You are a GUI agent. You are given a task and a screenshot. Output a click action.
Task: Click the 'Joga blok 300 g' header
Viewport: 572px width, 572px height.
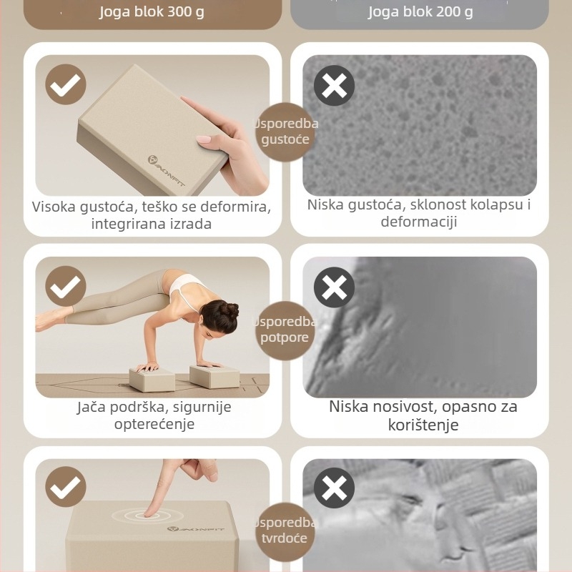pos(152,12)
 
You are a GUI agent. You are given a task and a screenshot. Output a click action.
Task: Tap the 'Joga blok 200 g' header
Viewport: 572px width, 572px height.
pos(420,12)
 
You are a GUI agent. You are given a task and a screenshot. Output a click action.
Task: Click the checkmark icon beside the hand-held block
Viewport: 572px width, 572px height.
pos(66,85)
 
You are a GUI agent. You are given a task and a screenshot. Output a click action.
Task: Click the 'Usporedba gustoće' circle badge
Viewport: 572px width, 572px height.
pos(285,132)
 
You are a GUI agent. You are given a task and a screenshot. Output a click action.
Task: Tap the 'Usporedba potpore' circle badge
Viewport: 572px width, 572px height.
pos(285,330)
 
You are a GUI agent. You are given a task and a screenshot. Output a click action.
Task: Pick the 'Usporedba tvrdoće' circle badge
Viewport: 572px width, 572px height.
pos(285,530)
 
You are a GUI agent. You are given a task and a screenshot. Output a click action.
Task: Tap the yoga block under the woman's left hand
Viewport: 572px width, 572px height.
pos(152,378)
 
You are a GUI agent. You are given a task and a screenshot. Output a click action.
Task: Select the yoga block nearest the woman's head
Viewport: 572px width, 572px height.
pos(214,376)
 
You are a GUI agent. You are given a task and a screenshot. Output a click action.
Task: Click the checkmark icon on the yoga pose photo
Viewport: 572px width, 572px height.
pos(66,287)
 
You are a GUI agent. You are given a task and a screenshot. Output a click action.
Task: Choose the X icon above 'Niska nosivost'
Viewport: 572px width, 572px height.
pos(334,287)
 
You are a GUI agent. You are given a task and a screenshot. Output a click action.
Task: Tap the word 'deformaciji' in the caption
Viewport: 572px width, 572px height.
pos(418,222)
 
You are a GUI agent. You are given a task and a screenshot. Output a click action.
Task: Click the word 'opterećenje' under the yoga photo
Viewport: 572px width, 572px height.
pos(154,424)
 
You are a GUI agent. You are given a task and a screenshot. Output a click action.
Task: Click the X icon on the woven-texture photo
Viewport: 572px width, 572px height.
pos(334,488)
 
